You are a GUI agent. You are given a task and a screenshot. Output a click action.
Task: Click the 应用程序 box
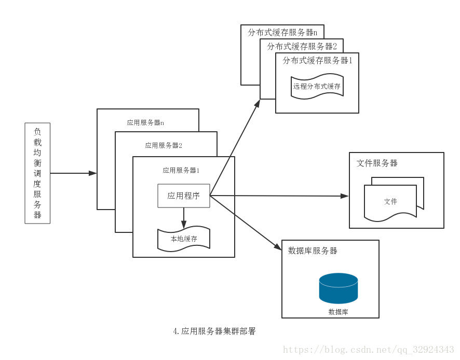(x=184, y=196)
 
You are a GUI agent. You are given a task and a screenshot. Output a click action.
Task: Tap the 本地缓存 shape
(x=184, y=239)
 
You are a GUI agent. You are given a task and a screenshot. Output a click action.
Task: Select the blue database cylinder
(x=339, y=288)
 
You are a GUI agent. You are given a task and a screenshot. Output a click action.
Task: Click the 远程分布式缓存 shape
(x=317, y=87)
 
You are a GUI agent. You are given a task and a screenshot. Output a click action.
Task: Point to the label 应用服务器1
(x=181, y=170)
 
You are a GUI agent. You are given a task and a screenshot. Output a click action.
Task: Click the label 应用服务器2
(x=164, y=146)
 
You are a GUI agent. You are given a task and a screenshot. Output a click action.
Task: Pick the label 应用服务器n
(x=145, y=123)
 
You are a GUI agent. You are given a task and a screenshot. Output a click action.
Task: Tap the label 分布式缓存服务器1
(x=317, y=61)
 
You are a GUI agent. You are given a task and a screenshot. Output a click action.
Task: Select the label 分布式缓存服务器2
(x=302, y=47)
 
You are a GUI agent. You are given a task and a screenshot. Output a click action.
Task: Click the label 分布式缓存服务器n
(x=282, y=32)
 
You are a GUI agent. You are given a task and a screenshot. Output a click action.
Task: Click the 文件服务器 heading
(x=377, y=163)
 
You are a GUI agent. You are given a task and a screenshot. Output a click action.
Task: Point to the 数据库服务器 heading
(x=313, y=251)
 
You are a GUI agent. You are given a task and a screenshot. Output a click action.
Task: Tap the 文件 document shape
(x=390, y=201)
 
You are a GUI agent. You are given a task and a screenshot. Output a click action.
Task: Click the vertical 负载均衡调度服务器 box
(x=37, y=173)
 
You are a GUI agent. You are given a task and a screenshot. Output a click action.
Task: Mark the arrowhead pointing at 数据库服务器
(x=277, y=247)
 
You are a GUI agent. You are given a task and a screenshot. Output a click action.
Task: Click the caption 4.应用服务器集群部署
(x=214, y=331)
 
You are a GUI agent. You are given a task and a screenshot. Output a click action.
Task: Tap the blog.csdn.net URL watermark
(x=368, y=350)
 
